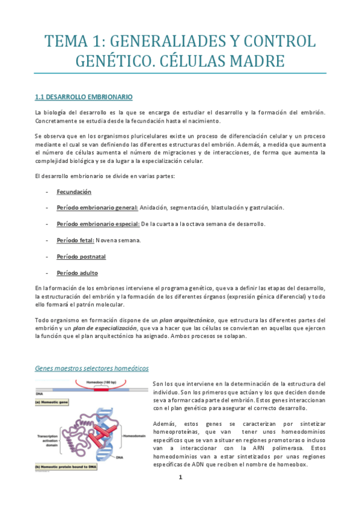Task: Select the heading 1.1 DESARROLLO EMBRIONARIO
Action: pos(84,97)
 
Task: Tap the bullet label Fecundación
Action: pos(74,192)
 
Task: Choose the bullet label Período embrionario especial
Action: pos(98,224)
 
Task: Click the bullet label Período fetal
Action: pos(76,241)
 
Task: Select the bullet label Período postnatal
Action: pos(81,257)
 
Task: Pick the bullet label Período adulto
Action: pos(78,273)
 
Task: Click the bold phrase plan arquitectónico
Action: pos(186,320)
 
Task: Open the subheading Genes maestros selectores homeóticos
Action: pos(92,368)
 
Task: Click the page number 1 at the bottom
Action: pos(180,495)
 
